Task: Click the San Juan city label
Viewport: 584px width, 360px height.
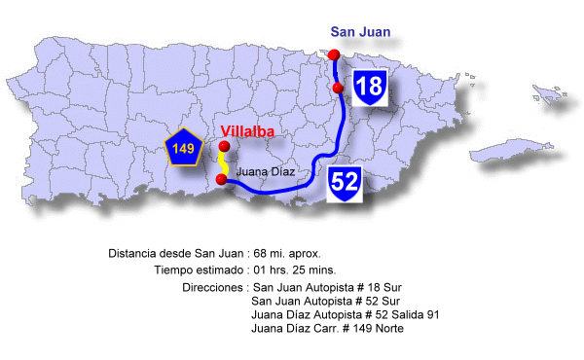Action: click(360, 32)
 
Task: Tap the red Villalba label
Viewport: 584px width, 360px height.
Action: click(247, 131)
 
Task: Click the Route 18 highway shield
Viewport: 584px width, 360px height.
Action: click(370, 88)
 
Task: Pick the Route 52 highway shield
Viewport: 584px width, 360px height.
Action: click(345, 182)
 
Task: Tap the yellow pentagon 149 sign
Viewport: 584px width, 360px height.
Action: click(183, 149)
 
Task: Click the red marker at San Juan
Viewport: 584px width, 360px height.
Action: click(334, 54)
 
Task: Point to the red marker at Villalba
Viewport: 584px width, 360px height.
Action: click(224, 147)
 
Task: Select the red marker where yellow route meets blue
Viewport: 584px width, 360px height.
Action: click(222, 180)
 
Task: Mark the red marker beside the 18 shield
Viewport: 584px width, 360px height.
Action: click(338, 89)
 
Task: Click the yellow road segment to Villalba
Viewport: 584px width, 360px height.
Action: click(224, 164)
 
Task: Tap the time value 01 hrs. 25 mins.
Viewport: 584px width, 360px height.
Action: click(300, 270)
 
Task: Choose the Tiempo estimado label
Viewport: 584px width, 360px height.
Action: click(198, 270)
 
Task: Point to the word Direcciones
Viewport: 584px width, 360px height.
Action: click(213, 288)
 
